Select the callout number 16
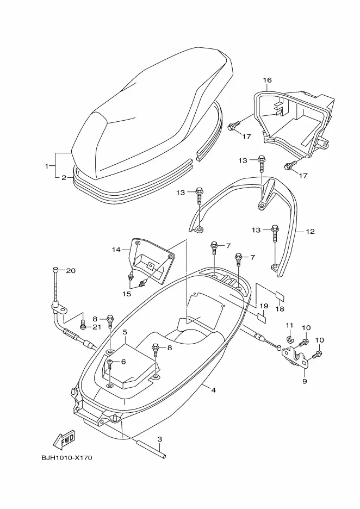point(267,80)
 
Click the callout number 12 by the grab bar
point(310,232)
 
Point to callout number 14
point(116,250)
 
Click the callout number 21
point(97,327)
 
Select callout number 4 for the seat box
point(214,390)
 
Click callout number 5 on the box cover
point(125,332)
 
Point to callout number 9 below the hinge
point(305,381)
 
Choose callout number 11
point(290,326)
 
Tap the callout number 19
point(264,306)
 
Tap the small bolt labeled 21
point(83,325)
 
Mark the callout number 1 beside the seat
point(47,165)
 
